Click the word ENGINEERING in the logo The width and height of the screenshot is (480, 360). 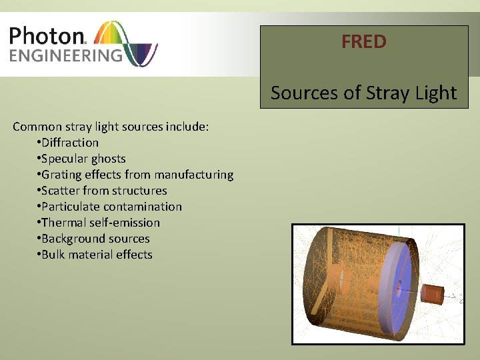[66, 55]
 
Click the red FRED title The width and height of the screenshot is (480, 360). [363, 42]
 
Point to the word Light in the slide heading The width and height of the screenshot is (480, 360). [435, 93]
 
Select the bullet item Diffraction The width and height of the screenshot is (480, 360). [69, 142]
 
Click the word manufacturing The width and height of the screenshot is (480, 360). [194, 175]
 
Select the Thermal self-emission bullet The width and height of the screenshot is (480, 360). [101, 223]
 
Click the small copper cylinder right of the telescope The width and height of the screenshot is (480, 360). [433, 293]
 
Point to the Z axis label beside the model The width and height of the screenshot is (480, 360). [461, 299]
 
